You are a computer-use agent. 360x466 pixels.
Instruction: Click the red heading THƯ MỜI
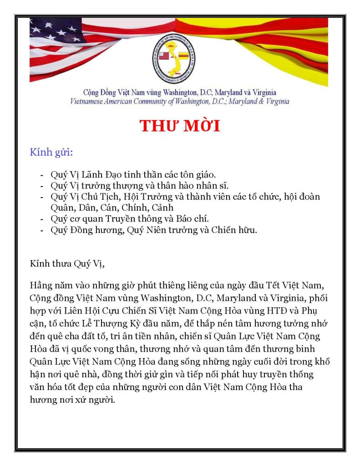point(180,126)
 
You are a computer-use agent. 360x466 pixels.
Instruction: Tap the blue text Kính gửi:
point(51,152)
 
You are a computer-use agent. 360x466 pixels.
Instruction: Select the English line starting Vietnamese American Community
point(180,101)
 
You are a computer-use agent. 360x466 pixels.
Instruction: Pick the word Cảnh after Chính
point(155,208)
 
